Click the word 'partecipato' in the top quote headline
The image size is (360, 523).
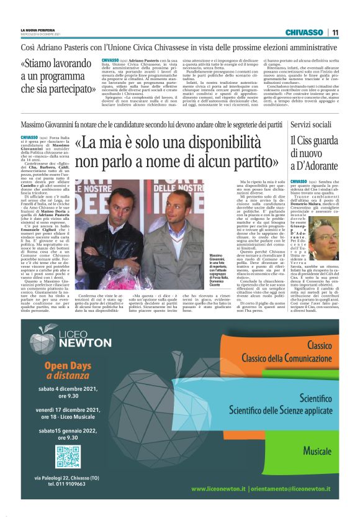click(x=73, y=90)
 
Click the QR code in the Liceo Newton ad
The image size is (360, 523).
click(x=68, y=457)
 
